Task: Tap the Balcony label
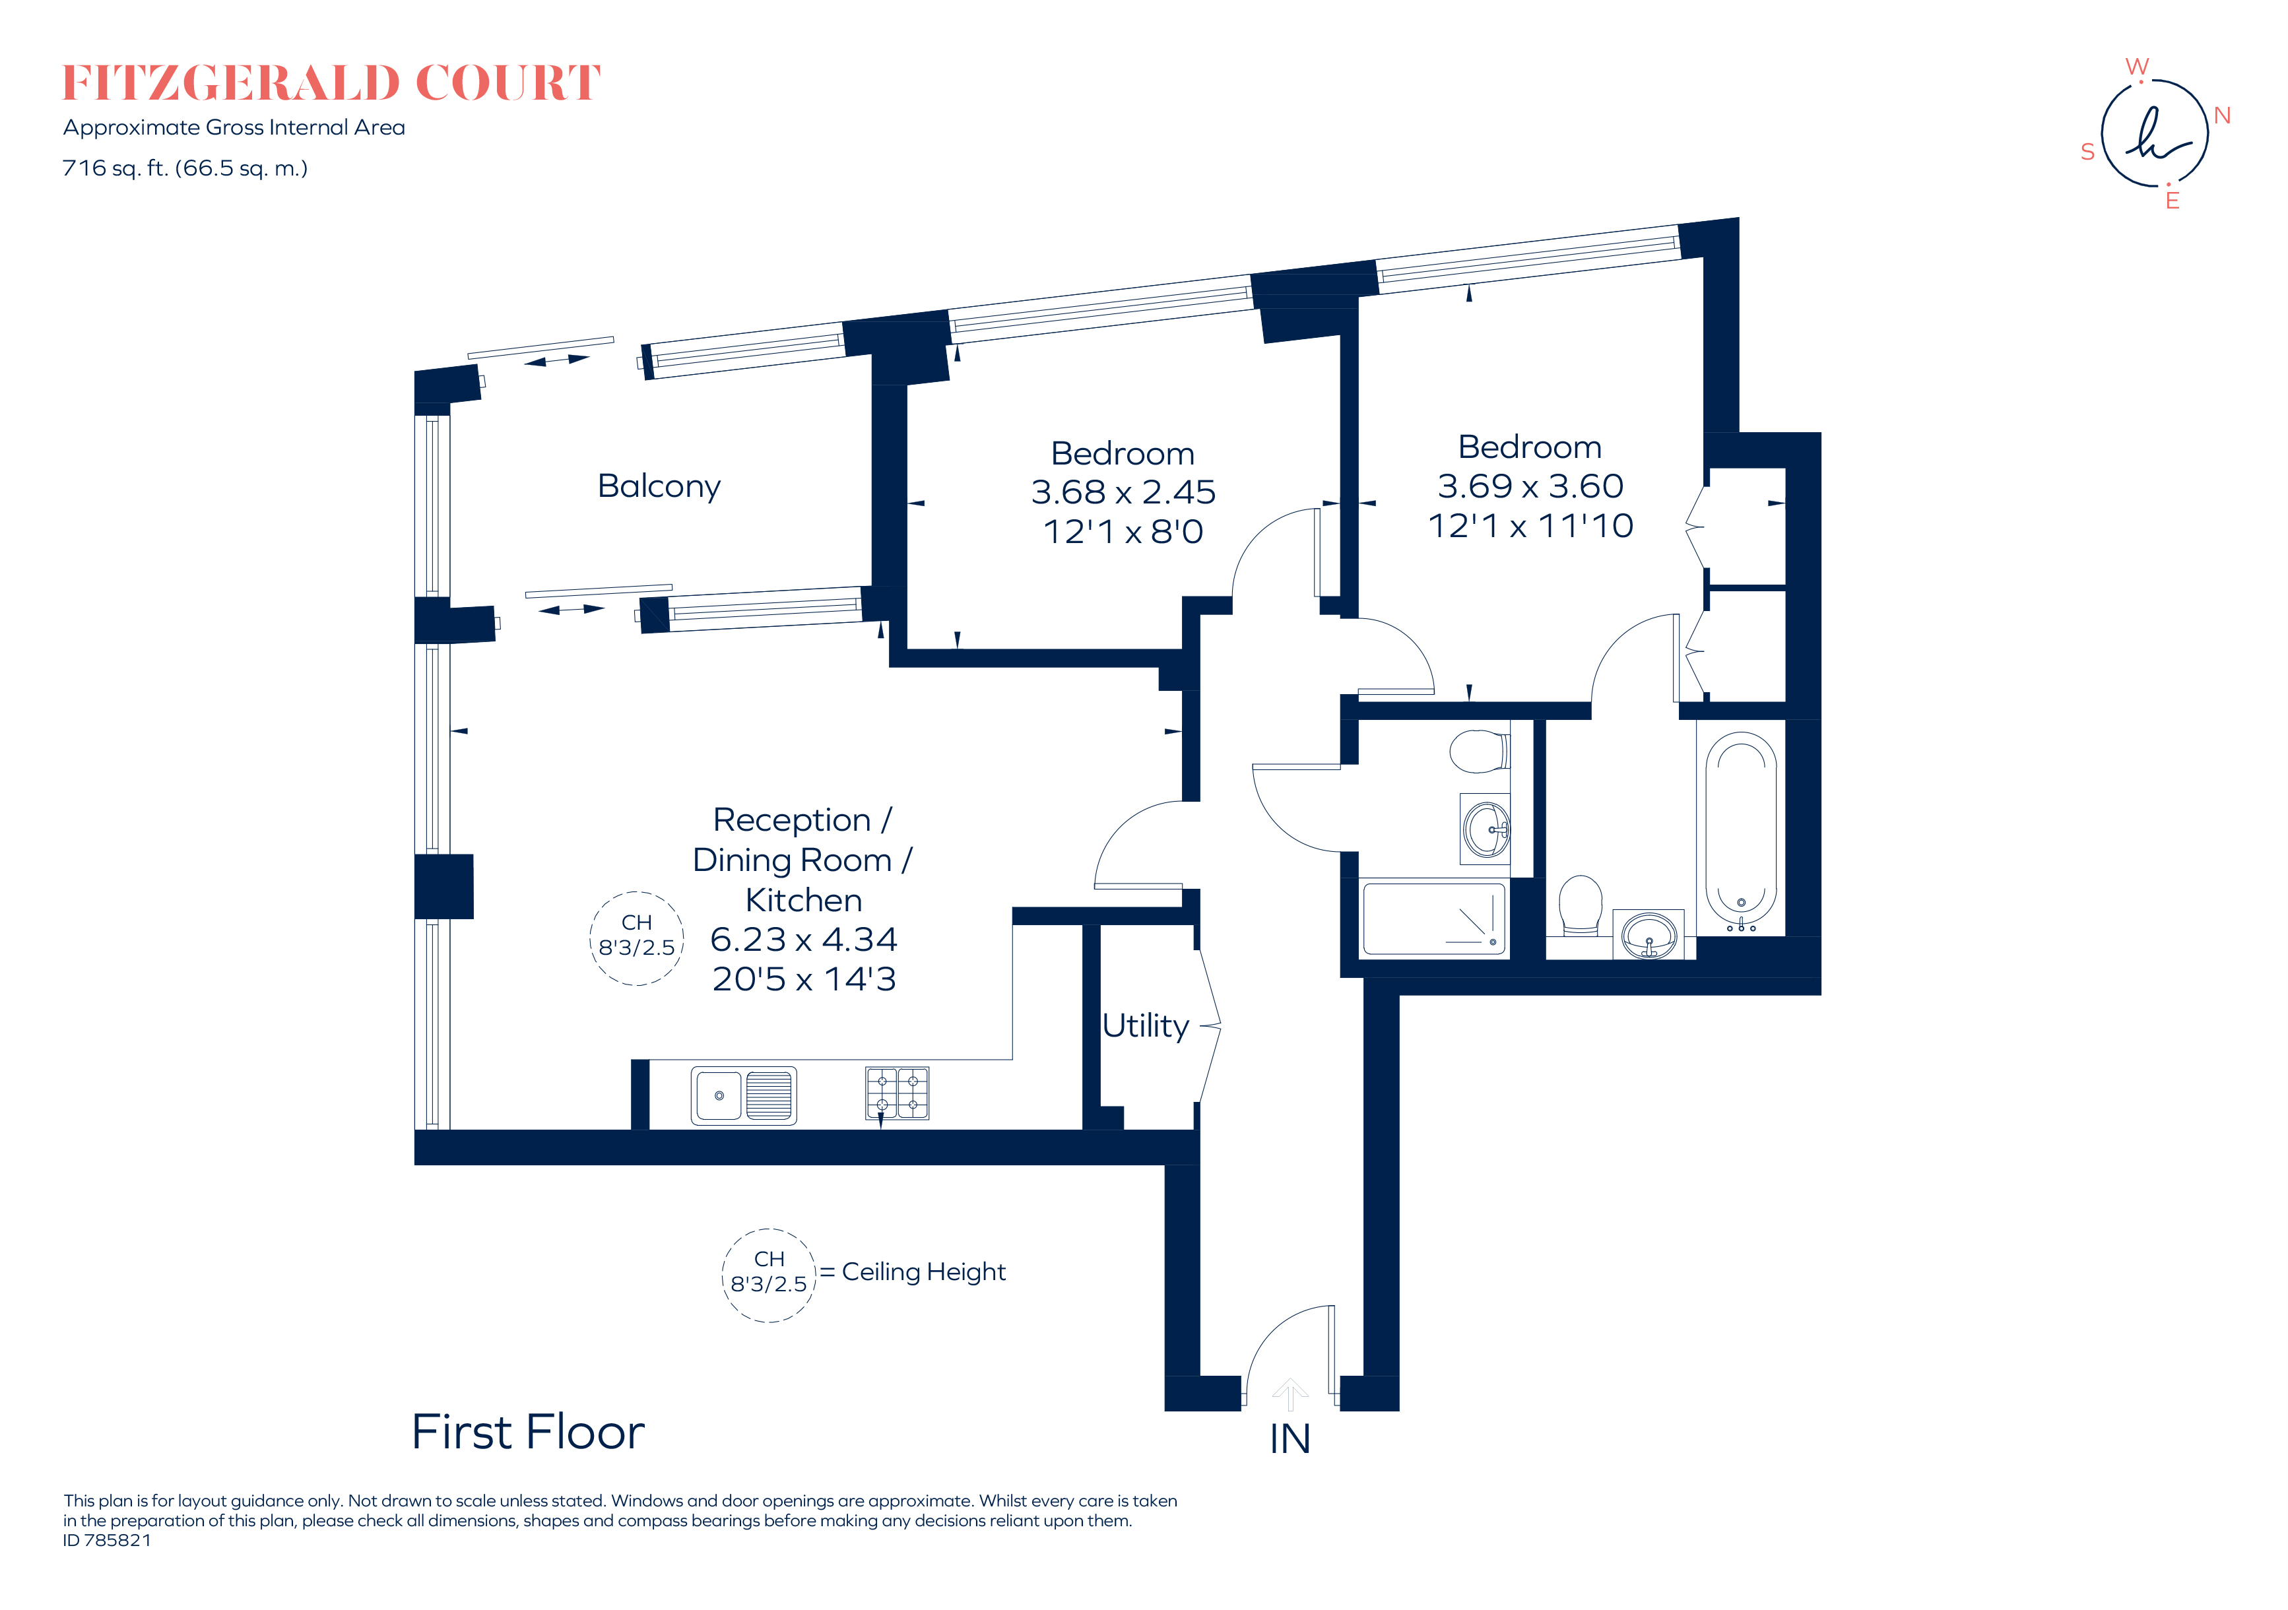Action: point(659,486)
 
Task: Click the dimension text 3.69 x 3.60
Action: point(1530,486)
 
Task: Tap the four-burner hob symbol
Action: point(897,1093)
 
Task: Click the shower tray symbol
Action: point(1433,918)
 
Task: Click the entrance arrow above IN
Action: point(1290,1393)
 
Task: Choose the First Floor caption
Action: point(527,1433)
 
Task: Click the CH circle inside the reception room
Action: point(637,938)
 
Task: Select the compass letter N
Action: point(2221,115)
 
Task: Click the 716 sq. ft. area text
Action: point(184,168)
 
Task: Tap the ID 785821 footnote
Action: point(107,1540)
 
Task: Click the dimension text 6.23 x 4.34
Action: point(803,940)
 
